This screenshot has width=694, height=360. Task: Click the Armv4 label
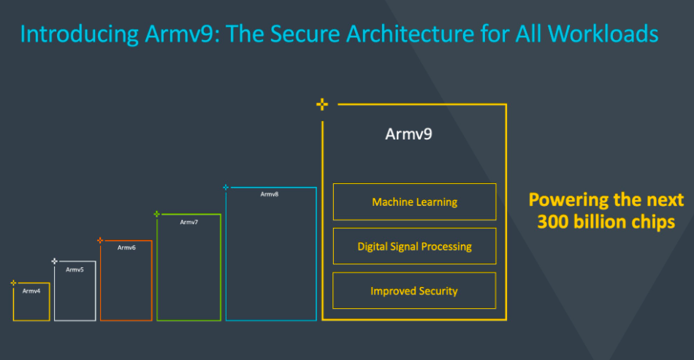click(31, 291)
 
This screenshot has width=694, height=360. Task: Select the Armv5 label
click(75, 270)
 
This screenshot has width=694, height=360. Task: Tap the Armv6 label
click(126, 248)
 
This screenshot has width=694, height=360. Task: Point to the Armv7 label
click(189, 222)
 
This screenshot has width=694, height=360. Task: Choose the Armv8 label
click(270, 194)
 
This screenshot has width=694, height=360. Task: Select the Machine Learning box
click(414, 202)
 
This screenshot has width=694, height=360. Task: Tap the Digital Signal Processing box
click(414, 246)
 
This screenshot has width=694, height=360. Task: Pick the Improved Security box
click(414, 291)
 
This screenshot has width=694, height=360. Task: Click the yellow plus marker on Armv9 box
click(322, 104)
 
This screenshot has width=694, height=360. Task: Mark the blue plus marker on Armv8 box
click(226, 188)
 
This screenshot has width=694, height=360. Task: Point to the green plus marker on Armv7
click(156, 214)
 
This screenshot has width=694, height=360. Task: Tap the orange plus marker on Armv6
click(100, 240)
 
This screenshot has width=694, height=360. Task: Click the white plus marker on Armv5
click(54, 261)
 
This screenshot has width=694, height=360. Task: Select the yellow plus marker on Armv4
click(13, 283)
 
